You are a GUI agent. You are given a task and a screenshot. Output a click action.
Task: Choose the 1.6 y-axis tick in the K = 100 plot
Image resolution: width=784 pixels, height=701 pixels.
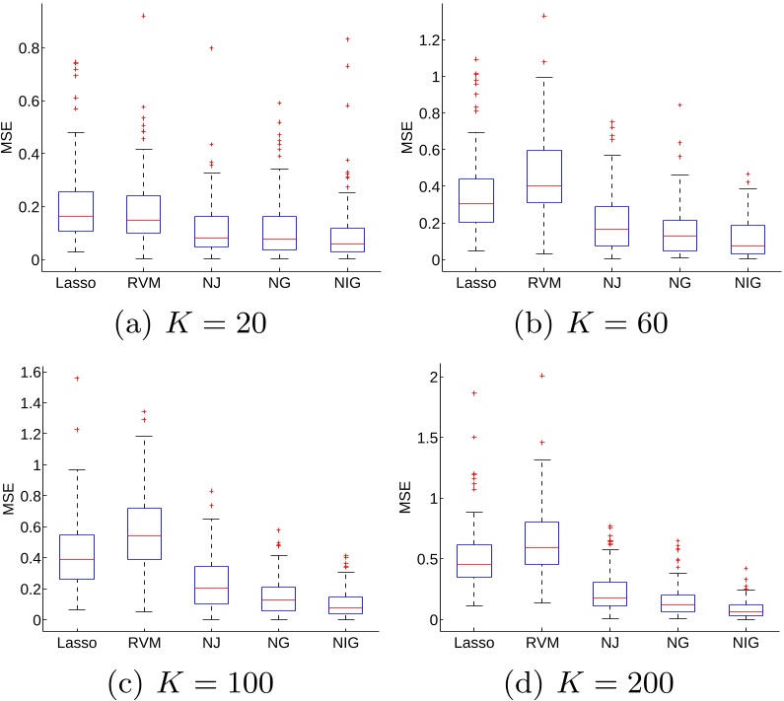pyautogui.click(x=35, y=372)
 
